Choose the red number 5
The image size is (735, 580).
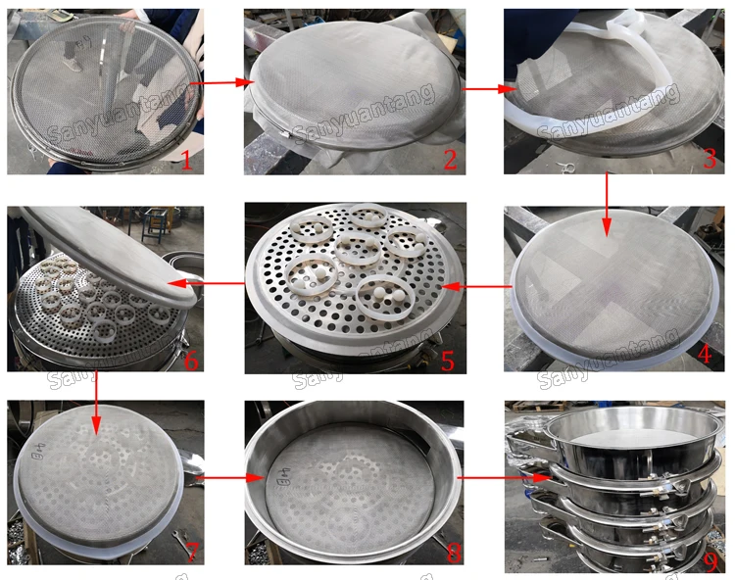[x=448, y=360]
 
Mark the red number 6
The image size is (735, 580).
[x=190, y=360]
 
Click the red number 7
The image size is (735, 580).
[x=191, y=554]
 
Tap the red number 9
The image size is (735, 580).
[x=707, y=560]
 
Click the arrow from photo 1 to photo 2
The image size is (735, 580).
[x=217, y=84]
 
